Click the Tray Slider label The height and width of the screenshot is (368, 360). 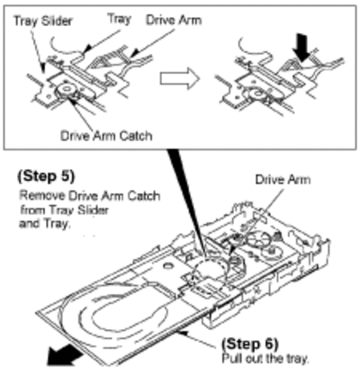[43, 21]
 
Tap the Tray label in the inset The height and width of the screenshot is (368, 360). [120, 19]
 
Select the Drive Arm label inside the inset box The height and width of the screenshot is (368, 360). [174, 21]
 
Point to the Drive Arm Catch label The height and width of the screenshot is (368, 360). [106, 136]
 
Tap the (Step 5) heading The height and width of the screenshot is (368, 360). [46, 176]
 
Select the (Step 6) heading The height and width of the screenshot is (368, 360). [250, 344]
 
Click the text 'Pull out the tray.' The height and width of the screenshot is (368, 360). [265, 358]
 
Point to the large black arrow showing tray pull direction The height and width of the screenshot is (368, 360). [65, 355]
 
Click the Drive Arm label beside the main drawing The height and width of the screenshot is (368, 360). [283, 180]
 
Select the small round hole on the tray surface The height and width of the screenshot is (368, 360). [167, 265]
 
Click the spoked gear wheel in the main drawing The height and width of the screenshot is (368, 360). [258, 240]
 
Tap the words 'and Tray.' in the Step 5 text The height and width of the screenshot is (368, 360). [45, 224]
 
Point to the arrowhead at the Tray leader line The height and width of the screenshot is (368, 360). [87, 48]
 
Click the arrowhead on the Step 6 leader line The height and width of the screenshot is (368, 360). [182, 332]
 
